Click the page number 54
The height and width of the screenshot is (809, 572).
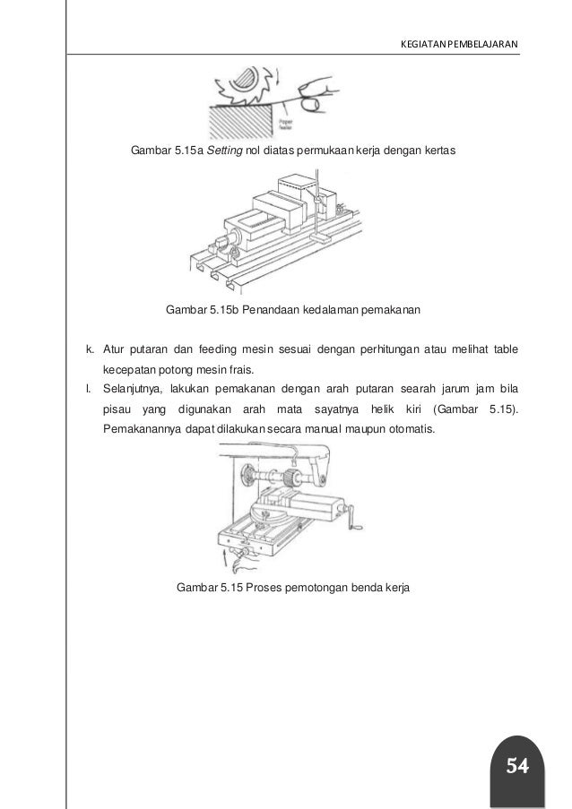tap(516, 766)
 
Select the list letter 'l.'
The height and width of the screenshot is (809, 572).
tap(88, 390)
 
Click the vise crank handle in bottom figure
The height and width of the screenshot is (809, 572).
tap(360, 519)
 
